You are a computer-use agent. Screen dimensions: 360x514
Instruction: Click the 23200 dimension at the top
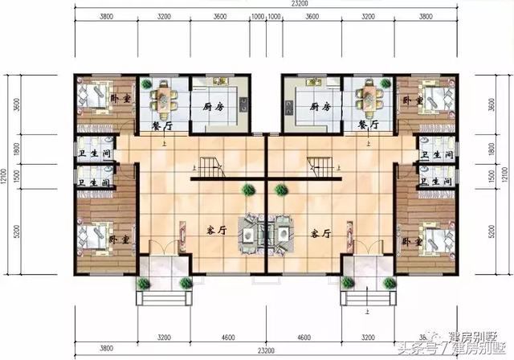tap(258, 4)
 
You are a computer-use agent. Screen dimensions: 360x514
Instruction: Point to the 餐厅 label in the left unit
tap(163, 126)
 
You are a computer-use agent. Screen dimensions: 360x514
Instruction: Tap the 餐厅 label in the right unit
tap(368, 126)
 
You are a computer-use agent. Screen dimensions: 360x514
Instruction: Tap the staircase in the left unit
tap(210, 169)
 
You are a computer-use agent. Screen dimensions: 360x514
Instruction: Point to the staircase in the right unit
tap(318, 169)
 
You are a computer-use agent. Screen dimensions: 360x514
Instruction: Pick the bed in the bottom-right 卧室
tap(430, 238)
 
